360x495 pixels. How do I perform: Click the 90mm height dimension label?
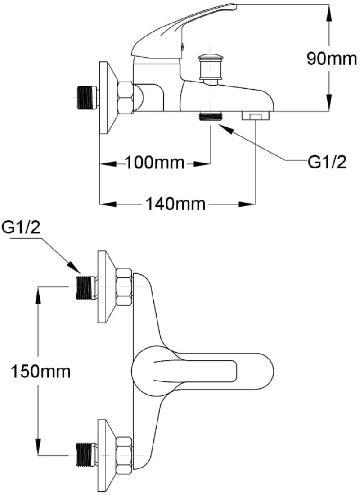click(x=332, y=59)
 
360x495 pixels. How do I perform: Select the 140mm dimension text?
click(x=175, y=204)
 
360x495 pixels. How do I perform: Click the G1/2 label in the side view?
click(x=327, y=163)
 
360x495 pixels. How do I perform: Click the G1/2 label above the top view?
click(x=21, y=227)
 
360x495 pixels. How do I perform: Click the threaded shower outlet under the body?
click(x=211, y=116)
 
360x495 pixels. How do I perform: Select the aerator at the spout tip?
click(x=256, y=116)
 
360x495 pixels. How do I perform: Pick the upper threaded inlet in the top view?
click(x=86, y=287)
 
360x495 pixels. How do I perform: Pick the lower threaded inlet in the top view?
click(x=86, y=455)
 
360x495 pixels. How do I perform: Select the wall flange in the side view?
click(x=107, y=98)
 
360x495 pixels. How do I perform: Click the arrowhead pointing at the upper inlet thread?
click(x=74, y=267)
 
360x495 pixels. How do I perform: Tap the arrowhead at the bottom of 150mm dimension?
click(x=38, y=447)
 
